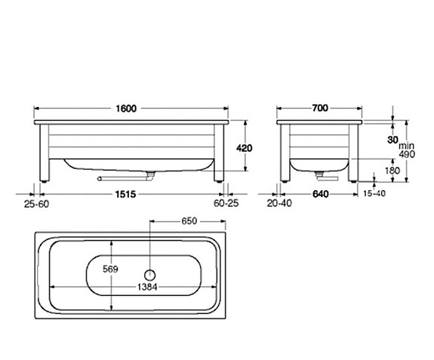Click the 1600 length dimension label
126,109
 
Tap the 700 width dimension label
320,108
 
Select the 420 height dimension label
244,149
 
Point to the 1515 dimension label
125,194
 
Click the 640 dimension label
321,194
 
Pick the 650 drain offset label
189,221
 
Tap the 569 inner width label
110,269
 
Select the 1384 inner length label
147,287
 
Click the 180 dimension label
392,171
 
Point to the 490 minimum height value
407,154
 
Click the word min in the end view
406,146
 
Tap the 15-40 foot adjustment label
374,193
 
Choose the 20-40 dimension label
279,203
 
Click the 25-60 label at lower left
36,205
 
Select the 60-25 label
226,203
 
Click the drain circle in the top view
149,275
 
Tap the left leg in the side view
45,153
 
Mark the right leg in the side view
219,153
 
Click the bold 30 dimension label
392,140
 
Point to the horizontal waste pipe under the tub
122,179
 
